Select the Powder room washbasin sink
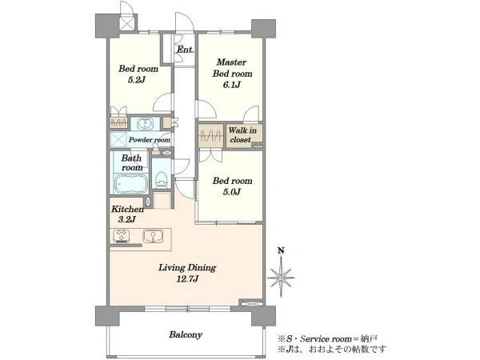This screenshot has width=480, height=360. click(144, 124)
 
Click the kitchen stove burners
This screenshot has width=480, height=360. click(122, 236)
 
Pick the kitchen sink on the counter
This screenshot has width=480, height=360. click(153, 236)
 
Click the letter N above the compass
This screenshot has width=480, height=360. click(281, 250)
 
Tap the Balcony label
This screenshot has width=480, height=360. click(186, 334)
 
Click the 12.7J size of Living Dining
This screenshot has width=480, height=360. click(187, 279)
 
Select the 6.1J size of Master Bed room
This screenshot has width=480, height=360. click(232, 85)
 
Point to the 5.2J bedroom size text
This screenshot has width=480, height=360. click(136, 80)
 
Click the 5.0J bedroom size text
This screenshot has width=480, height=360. click(231, 192)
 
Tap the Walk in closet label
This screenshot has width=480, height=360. click(242, 135)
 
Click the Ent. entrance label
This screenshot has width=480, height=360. click(186, 50)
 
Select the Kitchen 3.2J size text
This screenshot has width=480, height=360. click(127, 219)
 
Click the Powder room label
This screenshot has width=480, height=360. click(149, 140)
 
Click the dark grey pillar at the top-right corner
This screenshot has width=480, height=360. click(263, 29)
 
